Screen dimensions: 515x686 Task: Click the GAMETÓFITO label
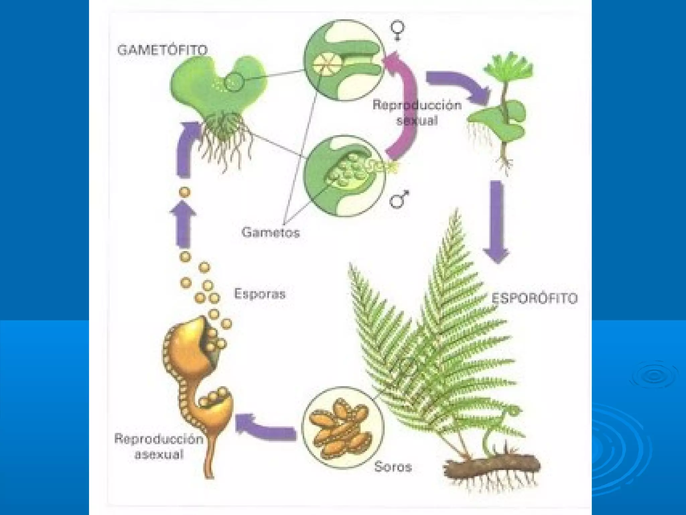coord(162,50)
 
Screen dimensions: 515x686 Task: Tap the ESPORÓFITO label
coord(534,298)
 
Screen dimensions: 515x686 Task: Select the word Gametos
coord(271,232)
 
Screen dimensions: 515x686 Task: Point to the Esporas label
coord(260,294)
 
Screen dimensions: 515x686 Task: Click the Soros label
coord(393,467)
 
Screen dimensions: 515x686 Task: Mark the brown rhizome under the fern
coord(491,468)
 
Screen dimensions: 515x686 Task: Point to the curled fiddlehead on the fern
coord(512,411)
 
